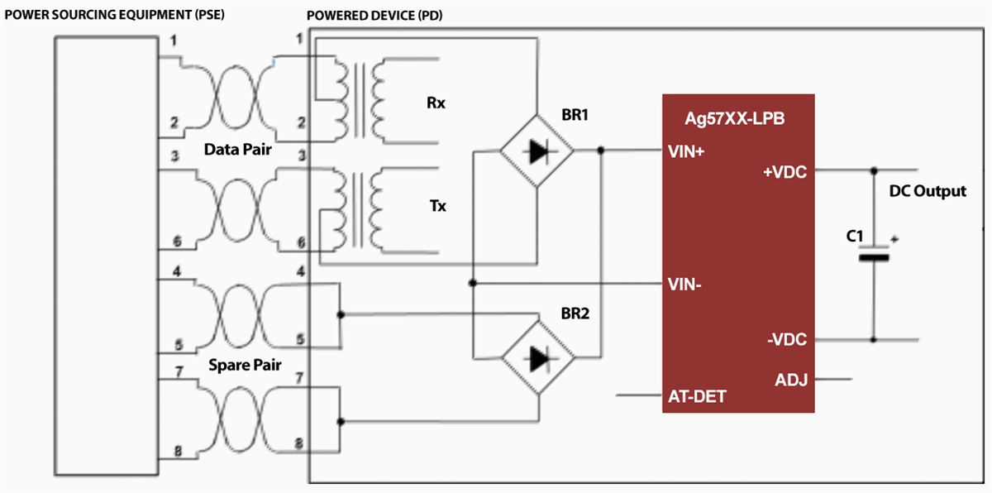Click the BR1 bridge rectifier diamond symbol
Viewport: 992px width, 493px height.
[537, 151]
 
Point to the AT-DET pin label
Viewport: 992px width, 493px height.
[697, 396]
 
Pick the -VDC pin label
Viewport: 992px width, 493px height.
[786, 339]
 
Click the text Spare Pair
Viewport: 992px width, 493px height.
[244, 364]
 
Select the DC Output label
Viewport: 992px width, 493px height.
[927, 191]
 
